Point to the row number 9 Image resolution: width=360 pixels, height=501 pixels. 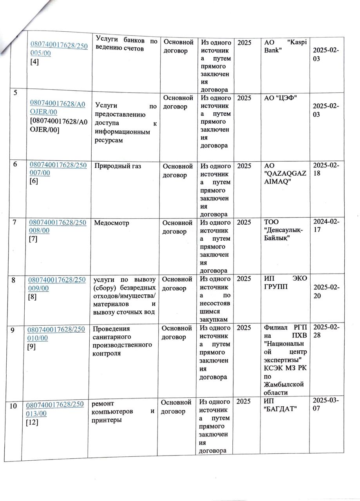coord(14,330)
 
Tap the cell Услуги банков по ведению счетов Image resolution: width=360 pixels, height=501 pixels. coord(126,45)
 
